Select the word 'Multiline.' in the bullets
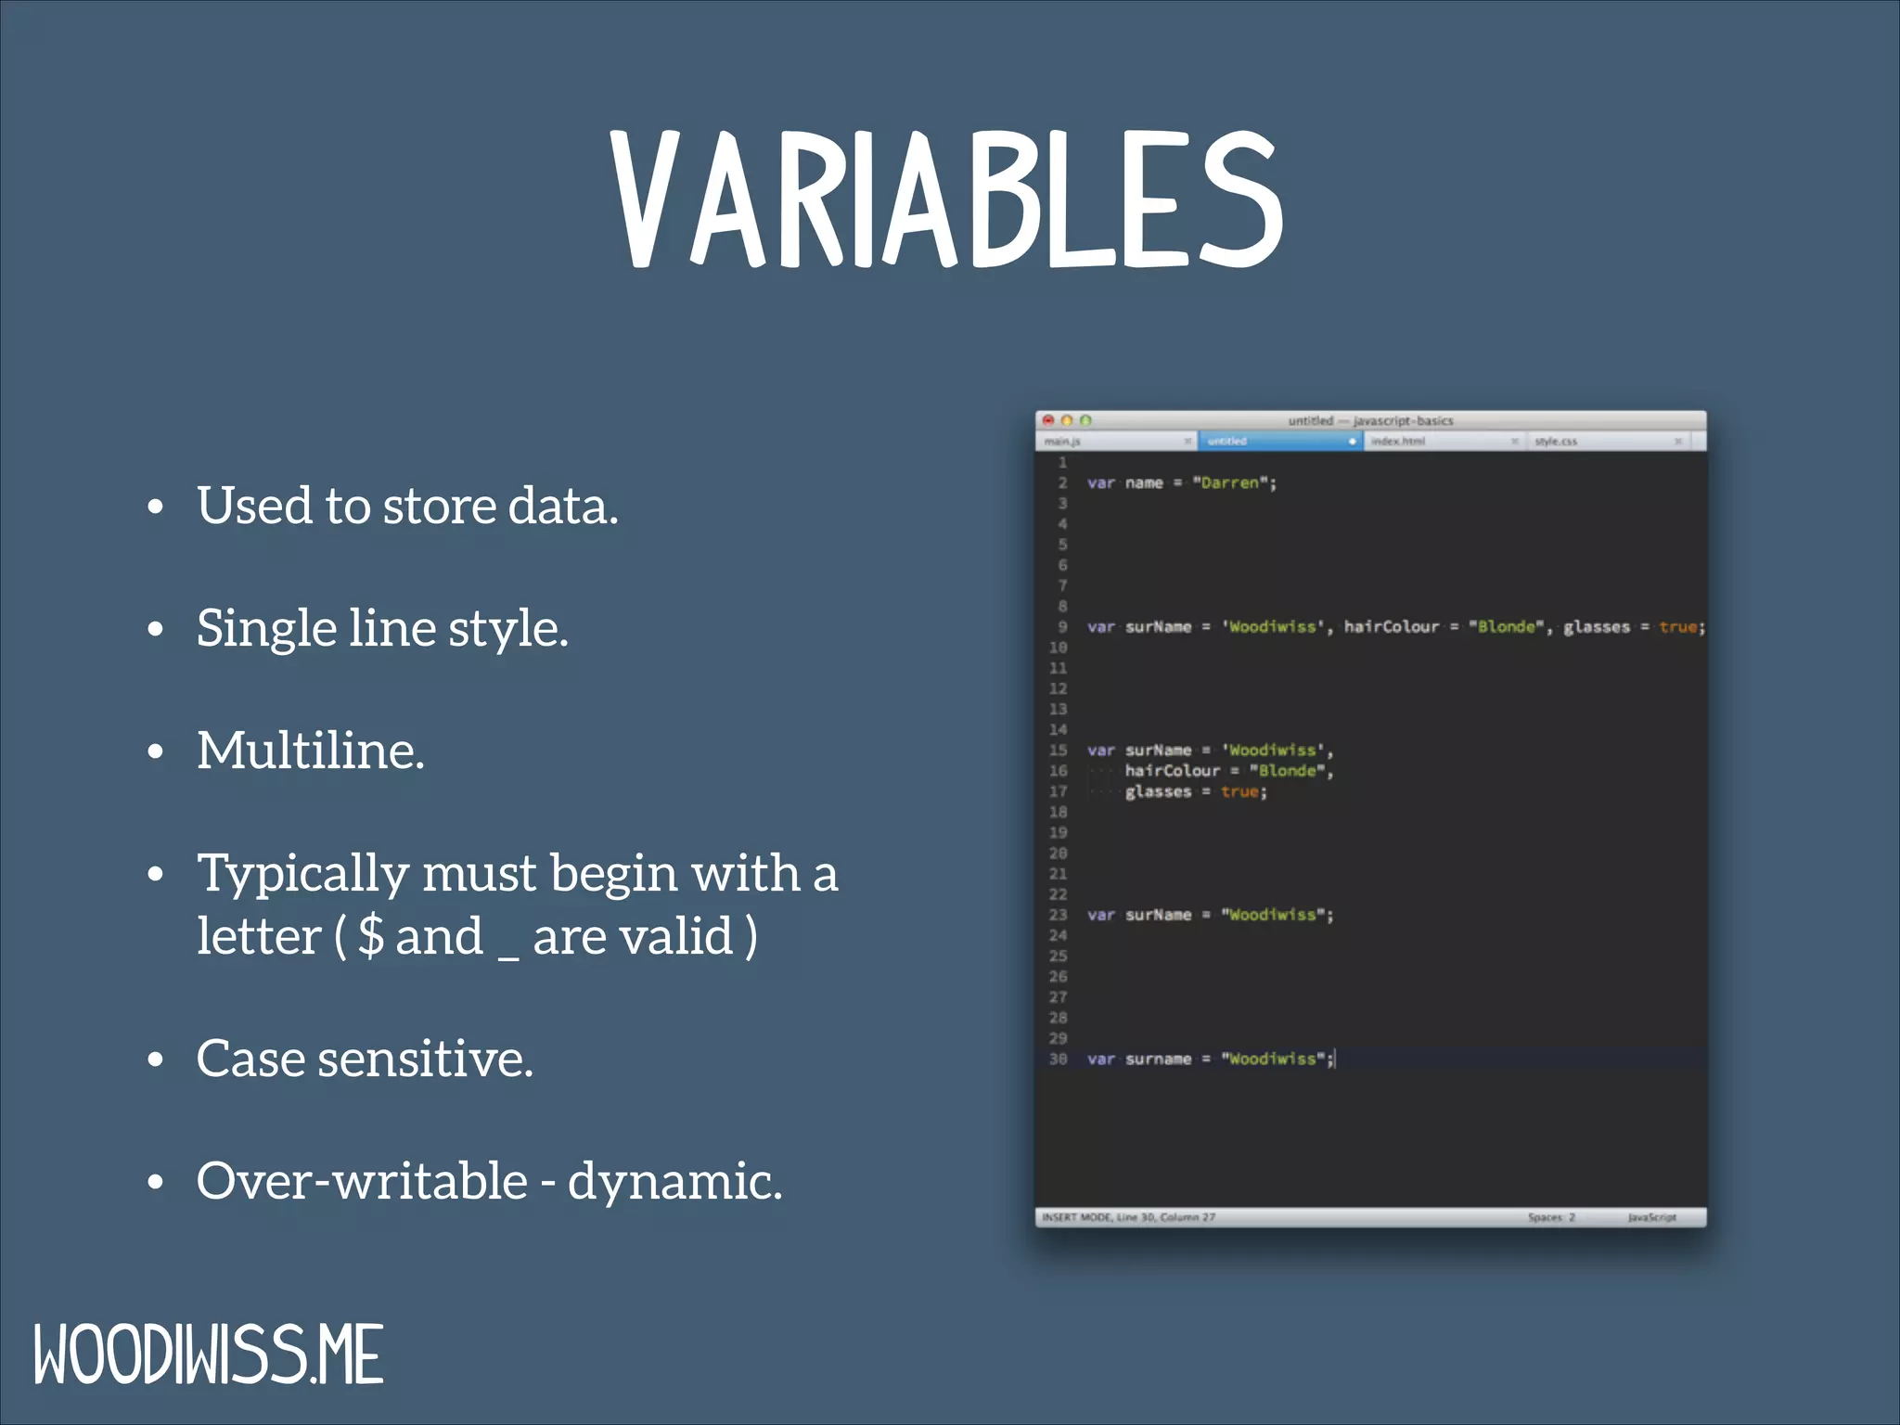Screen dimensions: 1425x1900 coord(311,751)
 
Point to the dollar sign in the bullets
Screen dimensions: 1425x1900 coord(371,935)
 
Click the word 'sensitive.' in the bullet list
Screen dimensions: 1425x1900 coord(425,1059)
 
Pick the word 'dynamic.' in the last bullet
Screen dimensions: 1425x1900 coord(674,1181)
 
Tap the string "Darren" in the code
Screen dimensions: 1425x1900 coord(1230,483)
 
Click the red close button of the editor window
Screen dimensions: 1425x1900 coord(1048,420)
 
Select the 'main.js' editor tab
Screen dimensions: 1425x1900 coord(1063,442)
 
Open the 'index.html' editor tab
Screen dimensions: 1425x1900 coord(1397,442)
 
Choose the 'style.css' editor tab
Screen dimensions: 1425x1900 coord(1556,442)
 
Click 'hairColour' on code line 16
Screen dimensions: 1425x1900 coord(1172,771)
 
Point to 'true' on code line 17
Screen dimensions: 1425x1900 coord(1239,791)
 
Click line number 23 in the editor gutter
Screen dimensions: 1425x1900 coord(1058,915)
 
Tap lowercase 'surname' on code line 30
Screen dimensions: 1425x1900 coord(1158,1059)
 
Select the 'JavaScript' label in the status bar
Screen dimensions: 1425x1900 coord(1651,1217)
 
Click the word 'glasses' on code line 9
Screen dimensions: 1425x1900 coord(1596,627)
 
